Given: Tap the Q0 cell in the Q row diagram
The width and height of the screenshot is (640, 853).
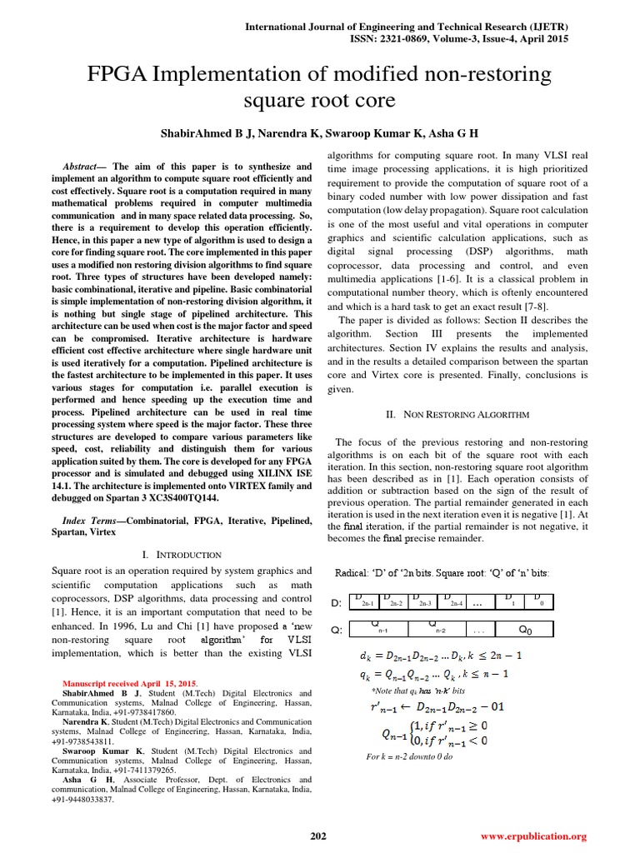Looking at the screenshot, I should click(x=527, y=630).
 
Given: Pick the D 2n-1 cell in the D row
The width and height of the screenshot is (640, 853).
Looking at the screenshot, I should click(x=367, y=601).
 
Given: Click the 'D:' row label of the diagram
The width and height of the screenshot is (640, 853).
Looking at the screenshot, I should click(x=337, y=602).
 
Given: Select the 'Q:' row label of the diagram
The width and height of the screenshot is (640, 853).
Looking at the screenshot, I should click(x=337, y=631).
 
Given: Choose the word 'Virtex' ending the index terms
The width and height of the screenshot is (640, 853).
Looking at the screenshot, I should click(x=104, y=531).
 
